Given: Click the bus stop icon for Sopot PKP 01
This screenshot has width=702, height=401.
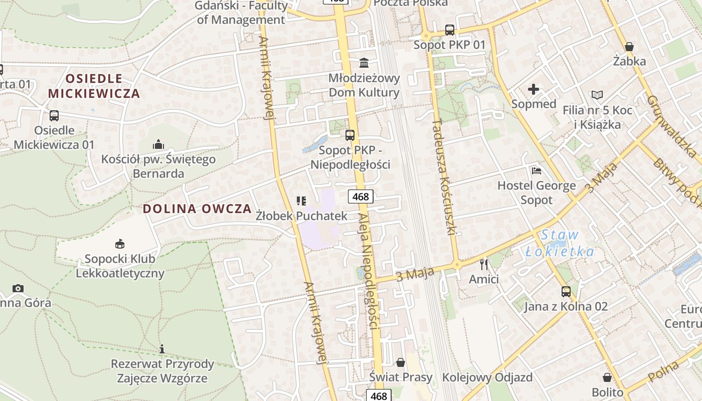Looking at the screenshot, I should (x=450, y=30).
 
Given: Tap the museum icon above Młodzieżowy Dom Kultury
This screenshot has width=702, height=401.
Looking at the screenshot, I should (x=364, y=63).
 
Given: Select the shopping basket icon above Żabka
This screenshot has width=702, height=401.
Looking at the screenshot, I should (x=629, y=47).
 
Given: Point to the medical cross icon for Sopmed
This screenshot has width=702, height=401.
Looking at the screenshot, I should (x=534, y=90).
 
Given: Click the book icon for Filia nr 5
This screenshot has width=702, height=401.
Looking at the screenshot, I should (x=597, y=95).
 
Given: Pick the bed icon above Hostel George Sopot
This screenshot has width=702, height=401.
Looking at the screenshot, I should (x=537, y=171).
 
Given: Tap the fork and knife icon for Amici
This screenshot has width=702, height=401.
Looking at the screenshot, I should (x=484, y=264).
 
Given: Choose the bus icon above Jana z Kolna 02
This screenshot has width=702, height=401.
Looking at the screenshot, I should (x=566, y=292).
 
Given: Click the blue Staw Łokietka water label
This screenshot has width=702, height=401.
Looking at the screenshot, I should (x=560, y=243).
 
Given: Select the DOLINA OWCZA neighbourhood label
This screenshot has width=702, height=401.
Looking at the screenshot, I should (x=197, y=209).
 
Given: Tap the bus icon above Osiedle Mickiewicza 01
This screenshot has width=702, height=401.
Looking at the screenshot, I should (x=54, y=116).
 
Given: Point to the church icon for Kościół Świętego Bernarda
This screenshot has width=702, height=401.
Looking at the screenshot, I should (x=158, y=145).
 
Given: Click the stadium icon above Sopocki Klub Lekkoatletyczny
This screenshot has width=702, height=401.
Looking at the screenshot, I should (x=120, y=244).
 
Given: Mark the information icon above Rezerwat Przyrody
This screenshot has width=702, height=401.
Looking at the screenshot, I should (x=162, y=349).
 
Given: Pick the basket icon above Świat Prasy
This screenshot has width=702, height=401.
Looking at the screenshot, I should (x=401, y=362).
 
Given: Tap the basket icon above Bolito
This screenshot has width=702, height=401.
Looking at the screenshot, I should (x=607, y=377).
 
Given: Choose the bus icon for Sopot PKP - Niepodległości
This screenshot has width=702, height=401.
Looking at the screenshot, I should (x=350, y=135).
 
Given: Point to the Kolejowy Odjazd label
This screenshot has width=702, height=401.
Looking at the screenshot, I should (x=487, y=377).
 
